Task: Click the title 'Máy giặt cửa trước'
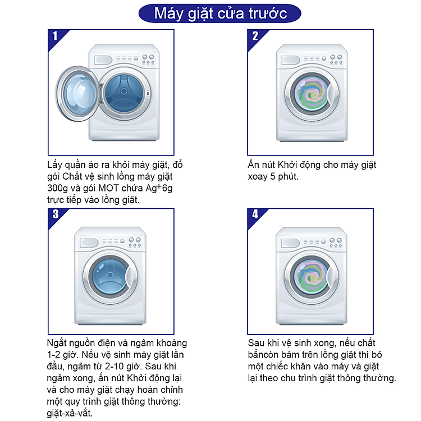click(x=220, y=13)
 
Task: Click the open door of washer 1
click(x=77, y=93)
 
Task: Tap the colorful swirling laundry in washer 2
click(x=312, y=94)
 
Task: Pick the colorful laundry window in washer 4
click(x=311, y=278)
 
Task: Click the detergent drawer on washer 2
click(x=291, y=60)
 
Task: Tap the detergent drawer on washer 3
click(x=89, y=242)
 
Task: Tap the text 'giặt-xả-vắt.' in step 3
click(x=70, y=413)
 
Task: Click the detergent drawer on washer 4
click(x=290, y=243)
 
